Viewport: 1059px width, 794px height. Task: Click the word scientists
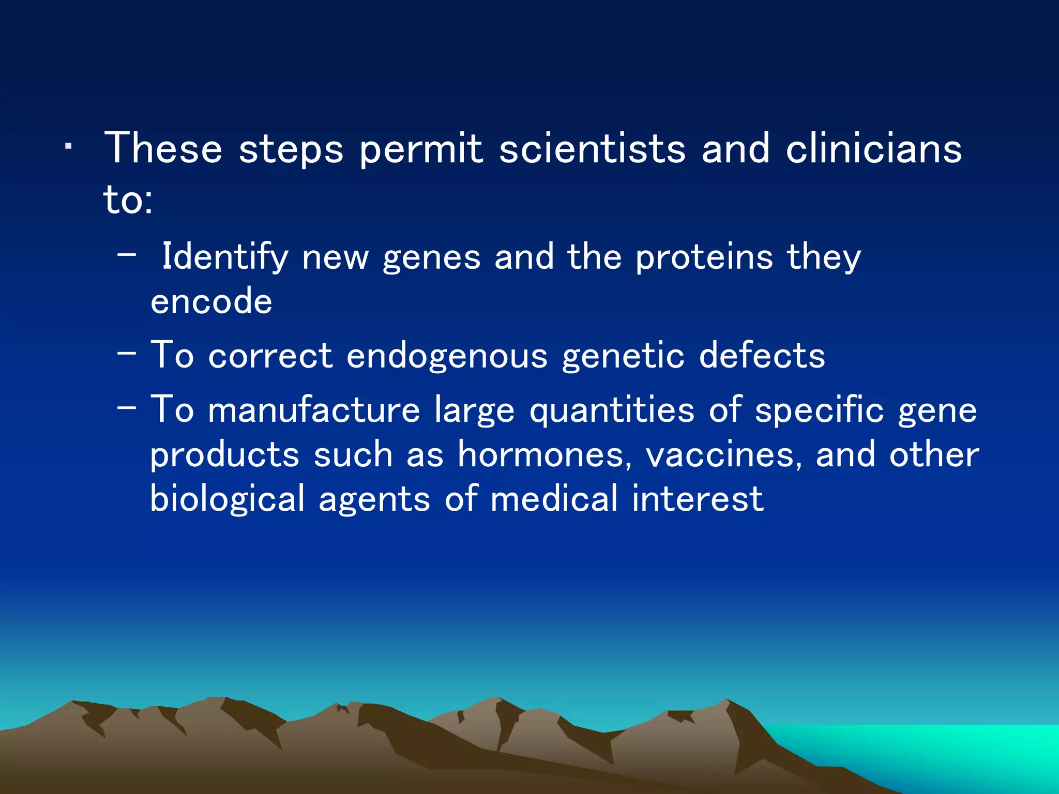tap(593, 149)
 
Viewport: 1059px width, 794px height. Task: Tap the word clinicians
tap(874, 149)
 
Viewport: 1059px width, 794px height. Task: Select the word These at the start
tap(163, 149)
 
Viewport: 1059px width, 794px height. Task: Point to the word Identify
tap(225, 257)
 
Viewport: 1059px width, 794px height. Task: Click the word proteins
tap(704, 257)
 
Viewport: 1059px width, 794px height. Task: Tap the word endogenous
tap(447, 356)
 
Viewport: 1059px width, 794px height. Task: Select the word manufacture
tap(314, 410)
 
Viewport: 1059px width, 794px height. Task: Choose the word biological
tap(228, 499)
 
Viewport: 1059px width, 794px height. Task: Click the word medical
tap(554, 499)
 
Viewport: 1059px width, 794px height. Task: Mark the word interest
tap(698, 499)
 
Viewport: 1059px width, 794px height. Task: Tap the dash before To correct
tap(127, 354)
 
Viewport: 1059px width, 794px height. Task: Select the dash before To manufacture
tap(127, 407)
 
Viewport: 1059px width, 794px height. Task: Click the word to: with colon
tap(128, 200)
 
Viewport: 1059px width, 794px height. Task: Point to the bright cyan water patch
tap(931, 750)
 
